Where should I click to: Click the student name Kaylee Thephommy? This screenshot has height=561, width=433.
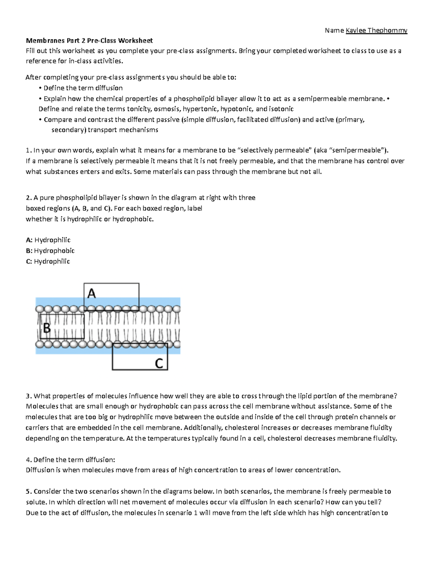(x=376, y=30)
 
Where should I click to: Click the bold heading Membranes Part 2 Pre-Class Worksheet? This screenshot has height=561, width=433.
(x=89, y=40)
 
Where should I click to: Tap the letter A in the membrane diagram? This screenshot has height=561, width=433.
(x=92, y=293)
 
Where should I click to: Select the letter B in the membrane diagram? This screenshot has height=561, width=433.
(x=47, y=328)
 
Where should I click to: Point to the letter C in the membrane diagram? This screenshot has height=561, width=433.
(x=159, y=362)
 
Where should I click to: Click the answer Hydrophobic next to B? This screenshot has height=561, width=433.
(x=54, y=251)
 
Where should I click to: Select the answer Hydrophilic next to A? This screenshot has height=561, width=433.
(x=52, y=240)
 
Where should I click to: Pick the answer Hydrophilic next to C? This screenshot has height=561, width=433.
(x=52, y=261)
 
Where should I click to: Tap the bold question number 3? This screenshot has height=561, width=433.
(x=28, y=396)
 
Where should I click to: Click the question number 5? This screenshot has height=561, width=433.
(x=28, y=491)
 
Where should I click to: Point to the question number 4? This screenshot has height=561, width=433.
(x=28, y=459)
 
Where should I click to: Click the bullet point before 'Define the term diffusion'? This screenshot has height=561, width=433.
(x=40, y=88)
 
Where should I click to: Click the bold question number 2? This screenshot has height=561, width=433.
(x=28, y=198)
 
